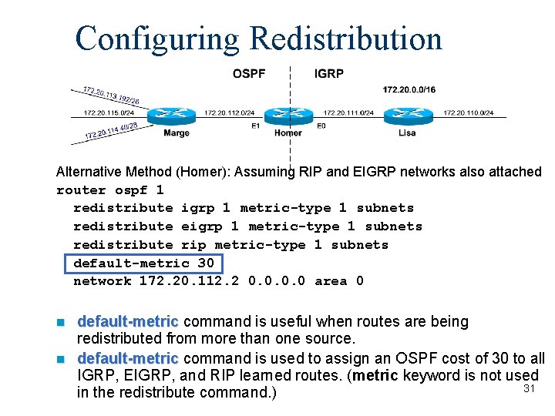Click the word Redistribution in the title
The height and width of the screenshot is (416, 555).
tap(345, 38)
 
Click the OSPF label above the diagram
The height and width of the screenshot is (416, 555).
tap(249, 74)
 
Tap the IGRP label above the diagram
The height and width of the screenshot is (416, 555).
tap(329, 74)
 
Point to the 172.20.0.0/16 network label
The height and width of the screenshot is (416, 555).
tap(409, 89)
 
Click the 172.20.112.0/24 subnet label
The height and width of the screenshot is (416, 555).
tap(229, 113)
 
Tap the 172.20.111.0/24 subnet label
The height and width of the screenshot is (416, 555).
tap(348, 113)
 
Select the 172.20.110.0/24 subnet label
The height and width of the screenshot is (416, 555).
tap(469, 113)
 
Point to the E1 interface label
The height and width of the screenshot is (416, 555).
tap(255, 126)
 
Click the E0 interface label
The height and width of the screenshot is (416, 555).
tap(321, 126)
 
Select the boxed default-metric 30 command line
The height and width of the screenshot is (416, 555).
tap(143, 263)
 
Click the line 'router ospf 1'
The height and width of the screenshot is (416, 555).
tap(110, 190)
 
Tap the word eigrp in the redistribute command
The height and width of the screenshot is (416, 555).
tap(202, 226)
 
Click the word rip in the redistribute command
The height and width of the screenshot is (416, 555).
tap(193, 245)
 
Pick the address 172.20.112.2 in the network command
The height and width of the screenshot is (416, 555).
tap(190, 281)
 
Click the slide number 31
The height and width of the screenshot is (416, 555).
tap(529, 389)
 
